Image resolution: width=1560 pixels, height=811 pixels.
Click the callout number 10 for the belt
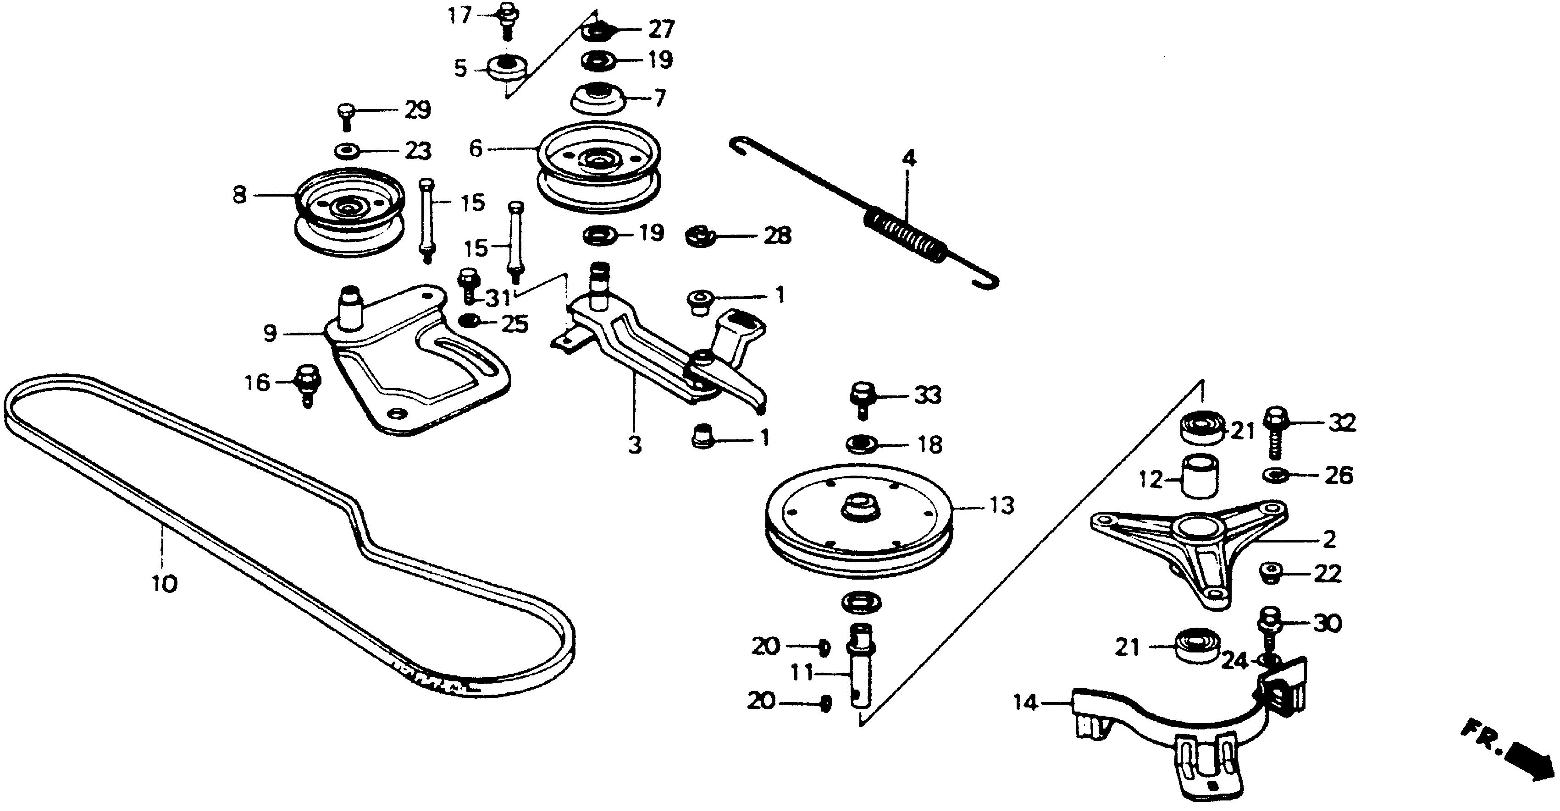164,584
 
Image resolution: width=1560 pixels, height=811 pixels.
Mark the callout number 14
1026,703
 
